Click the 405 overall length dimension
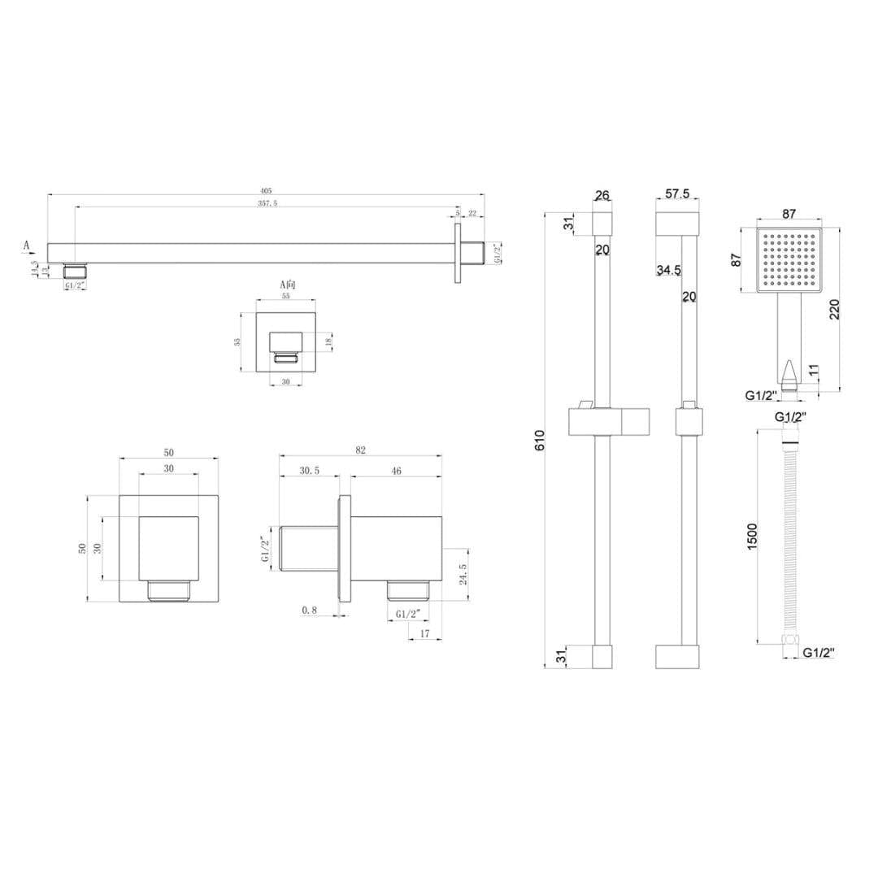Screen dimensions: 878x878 pyautogui.click(x=266, y=191)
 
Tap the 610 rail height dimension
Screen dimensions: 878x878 pyautogui.click(x=540, y=440)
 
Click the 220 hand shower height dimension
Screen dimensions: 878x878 pyautogui.click(x=835, y=309)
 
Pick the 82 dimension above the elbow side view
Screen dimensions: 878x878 pyautogui.click(x=361, y=450)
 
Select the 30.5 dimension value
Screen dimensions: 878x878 pyautogui.click(x=309, y=470)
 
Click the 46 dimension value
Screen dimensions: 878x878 pyautogui.click(x=397, y=470)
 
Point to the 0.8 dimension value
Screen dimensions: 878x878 pyautogui.click(x=309, y=610)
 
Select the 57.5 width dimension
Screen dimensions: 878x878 pyautogui.click(x=677, y=195)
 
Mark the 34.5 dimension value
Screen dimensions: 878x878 pyautogui.click(x=668, y=270)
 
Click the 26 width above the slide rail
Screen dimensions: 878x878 pyautogui.click(x=602, y=196)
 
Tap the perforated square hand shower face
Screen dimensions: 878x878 pyautogui.click(x=789, y=260)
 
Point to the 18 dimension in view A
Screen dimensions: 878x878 pyautogui.click(x=328, y=341)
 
